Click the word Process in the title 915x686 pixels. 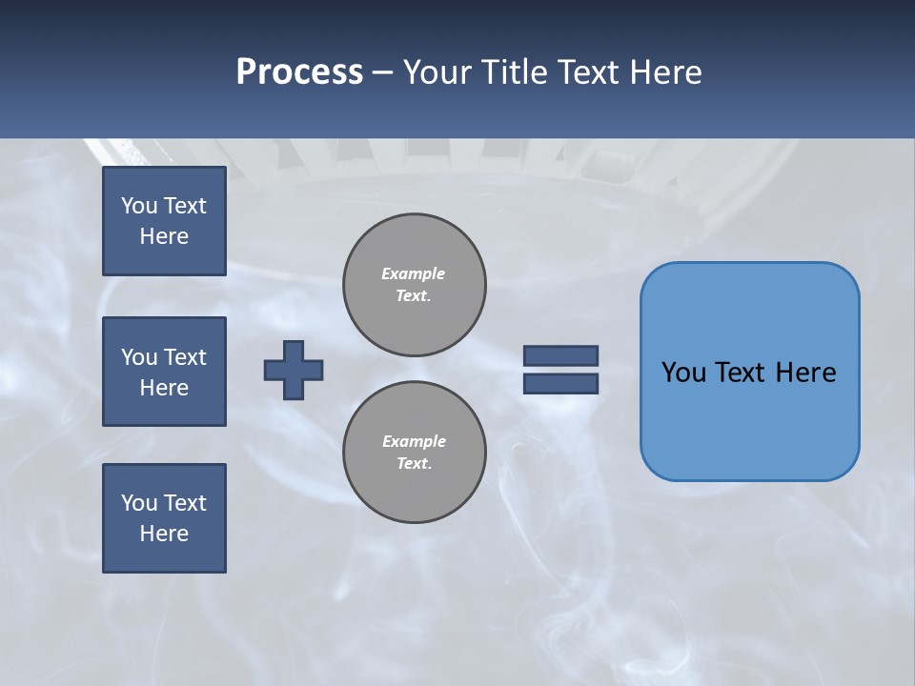[299, 72]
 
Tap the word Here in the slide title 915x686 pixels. [664, 72]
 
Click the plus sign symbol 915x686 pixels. [294, 370]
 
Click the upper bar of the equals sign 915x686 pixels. [560, 355]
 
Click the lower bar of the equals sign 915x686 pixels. [560, 383]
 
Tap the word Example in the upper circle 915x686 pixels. [413, 273]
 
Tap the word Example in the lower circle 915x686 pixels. [414, 441]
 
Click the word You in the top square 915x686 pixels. [138, 206]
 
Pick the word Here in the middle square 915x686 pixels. [164, 388]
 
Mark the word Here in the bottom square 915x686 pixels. [164, 534]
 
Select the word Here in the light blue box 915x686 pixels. [805, 372]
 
